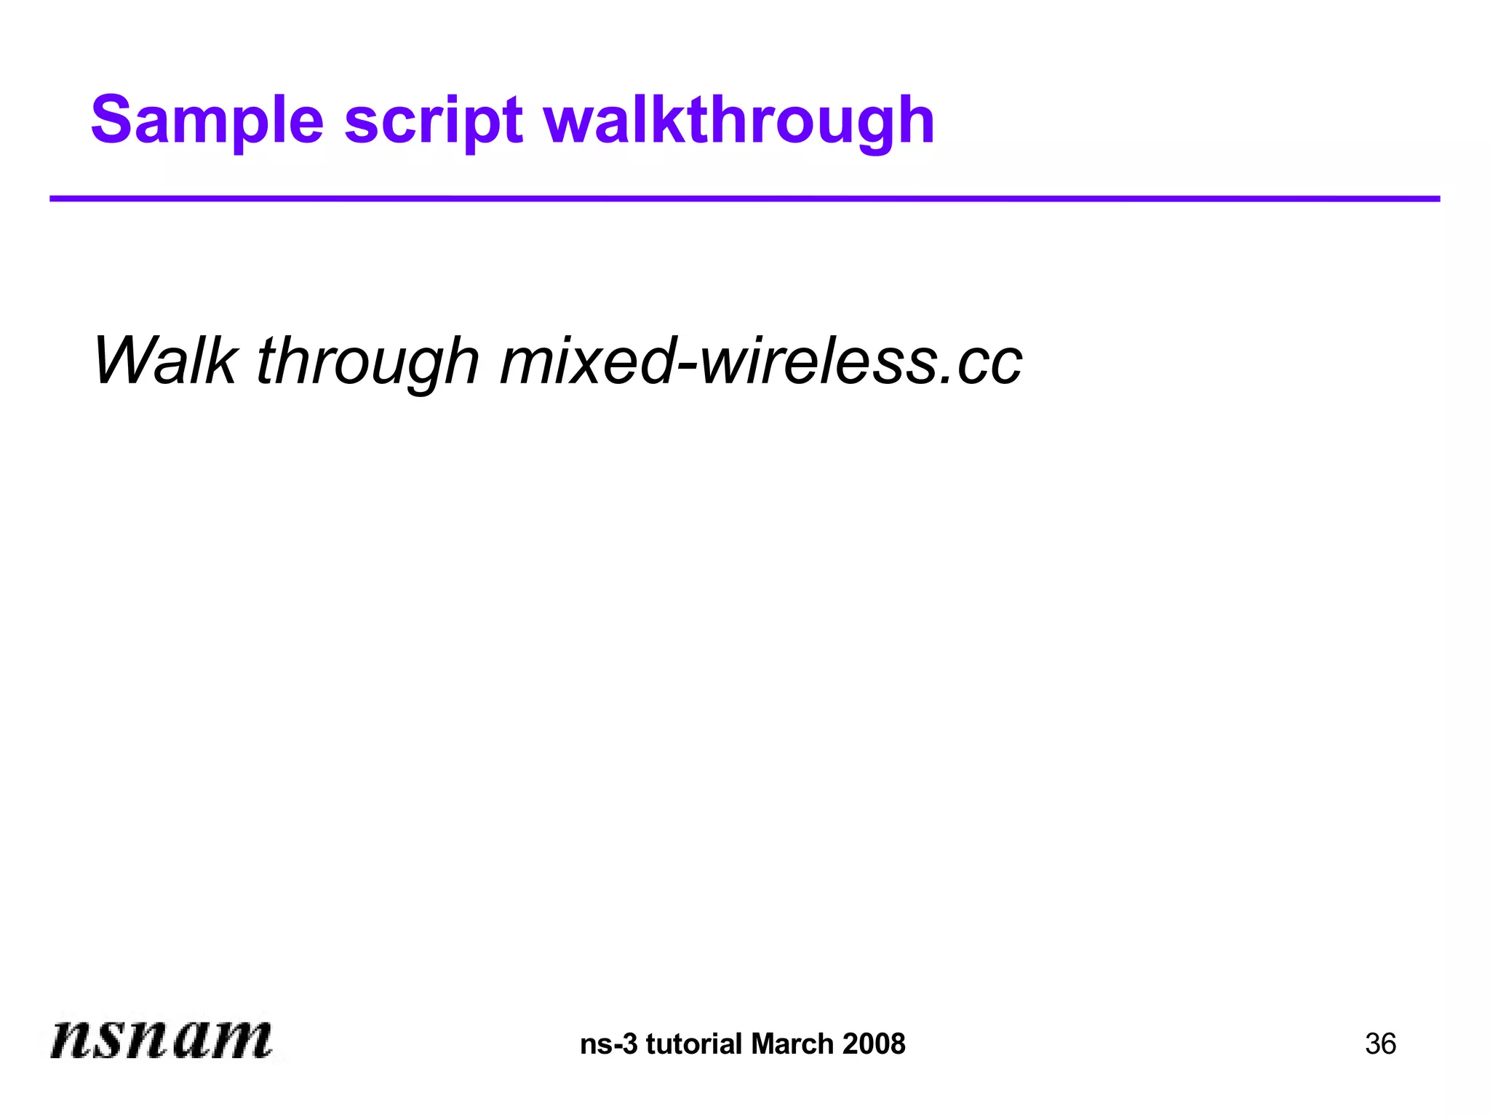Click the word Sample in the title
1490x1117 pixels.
pyautogui.click(x=207, y=121)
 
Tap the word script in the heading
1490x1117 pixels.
pyautogui.click(x=433, y=121)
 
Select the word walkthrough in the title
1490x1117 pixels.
pyautogui.click(x=738, y=121)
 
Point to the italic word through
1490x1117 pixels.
pyautogui.click(x=368, y=362)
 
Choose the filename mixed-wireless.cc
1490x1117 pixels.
pyautogui.click(x=761, y=361)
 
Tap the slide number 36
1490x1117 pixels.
pyautogui.click(x=1380, y=1044)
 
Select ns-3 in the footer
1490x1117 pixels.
pyautogui.click(x=608, y=1044)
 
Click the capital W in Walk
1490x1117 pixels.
pyautogui.click(x=127, y=361)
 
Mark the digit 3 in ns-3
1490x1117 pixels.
pyautogui.click(x=630, y=1044)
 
